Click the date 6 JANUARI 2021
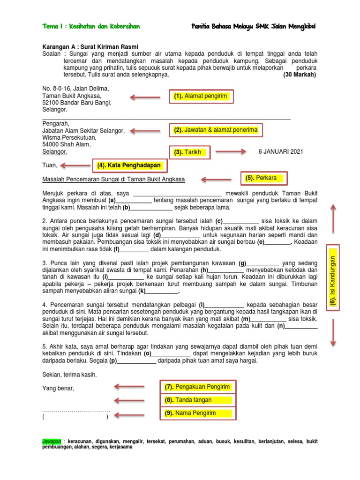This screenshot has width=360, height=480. [281, 151]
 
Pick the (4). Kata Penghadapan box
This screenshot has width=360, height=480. [128, 165]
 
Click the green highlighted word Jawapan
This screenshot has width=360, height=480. [52, 442]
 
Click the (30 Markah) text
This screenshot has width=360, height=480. [300, 75]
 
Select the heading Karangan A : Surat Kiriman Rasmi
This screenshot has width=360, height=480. [90, 46]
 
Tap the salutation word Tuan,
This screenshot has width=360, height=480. [50, 165]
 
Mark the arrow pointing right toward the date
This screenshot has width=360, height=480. [231, 151]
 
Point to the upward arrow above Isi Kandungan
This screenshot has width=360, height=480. [333, 218]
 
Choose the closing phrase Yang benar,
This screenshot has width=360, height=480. [58, 388]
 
